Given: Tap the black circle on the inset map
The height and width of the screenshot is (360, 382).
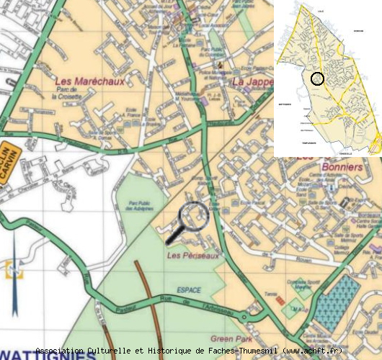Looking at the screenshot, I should coord(316,78).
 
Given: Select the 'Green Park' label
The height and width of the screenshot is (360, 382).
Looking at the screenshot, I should coord(229,337).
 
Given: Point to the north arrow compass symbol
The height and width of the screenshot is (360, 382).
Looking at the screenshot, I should coord(14,271).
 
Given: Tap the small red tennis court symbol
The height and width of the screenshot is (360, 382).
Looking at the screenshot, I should coord(279,300).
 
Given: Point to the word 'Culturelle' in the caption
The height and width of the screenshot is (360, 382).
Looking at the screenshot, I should coord(120,351).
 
